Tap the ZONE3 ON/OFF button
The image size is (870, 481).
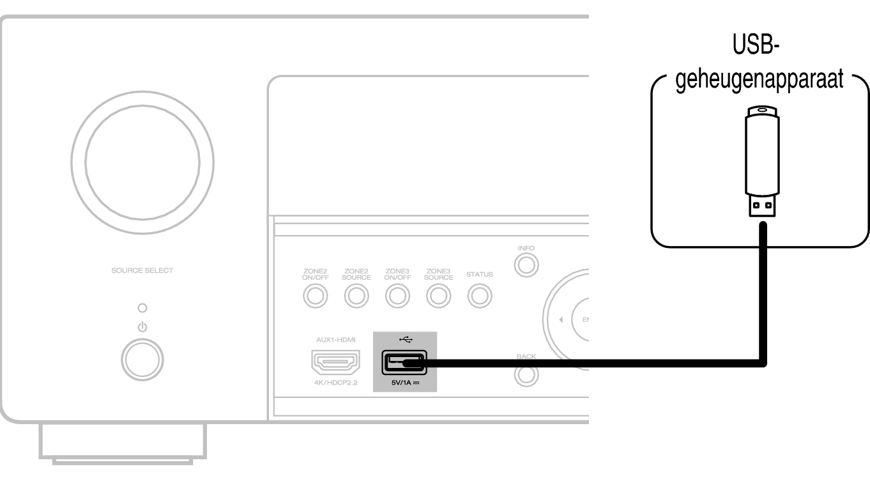click(397, 296)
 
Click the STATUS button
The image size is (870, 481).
click(479, 296)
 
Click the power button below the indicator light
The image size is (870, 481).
click(142, 360)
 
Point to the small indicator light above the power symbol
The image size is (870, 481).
click(142, 309)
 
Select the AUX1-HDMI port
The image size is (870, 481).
click(335, 363)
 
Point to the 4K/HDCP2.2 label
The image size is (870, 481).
click(335, 383)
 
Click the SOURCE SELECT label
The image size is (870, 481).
click(142, 270)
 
